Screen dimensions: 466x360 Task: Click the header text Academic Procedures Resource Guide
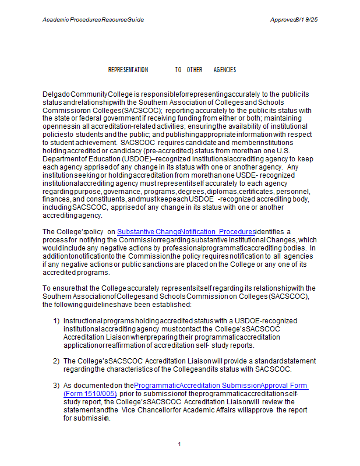[x=93, y=20]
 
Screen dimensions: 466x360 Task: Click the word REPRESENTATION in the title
[x=128, y=70]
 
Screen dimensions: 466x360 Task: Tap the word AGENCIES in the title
[x=225, y=70]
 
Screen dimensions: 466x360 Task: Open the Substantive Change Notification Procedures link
[x=186, y=232]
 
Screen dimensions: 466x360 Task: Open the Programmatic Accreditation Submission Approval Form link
[x=221, y=386]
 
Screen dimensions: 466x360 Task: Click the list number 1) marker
[x=57, y=321]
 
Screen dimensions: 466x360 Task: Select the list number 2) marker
[x=57, y=361]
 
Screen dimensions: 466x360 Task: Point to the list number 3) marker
[x=57, y=386]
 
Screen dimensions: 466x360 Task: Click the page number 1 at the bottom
[x=180, y=444]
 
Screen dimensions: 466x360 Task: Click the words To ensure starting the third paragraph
[x=57, y=288]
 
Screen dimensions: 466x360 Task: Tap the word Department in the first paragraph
[x=61, y=159]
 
